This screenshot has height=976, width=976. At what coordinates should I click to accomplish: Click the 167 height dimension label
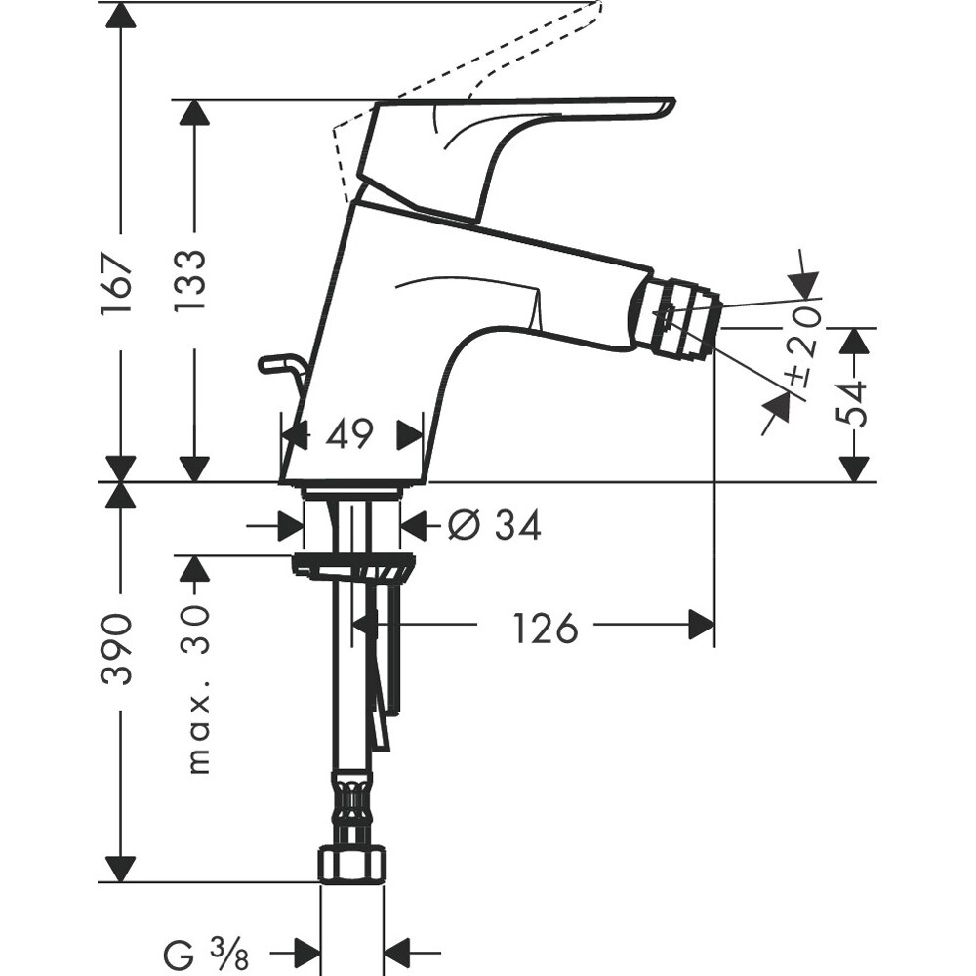pos(118,283)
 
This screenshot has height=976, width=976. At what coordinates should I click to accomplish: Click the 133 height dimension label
pos(192,280)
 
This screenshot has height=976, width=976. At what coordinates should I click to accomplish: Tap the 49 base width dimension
pos(349,435)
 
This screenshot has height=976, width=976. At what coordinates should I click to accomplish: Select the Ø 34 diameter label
pos(494,527)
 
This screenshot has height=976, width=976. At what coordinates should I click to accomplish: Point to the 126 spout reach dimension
pos(546,628)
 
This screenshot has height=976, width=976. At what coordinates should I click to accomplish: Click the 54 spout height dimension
pos(854,403)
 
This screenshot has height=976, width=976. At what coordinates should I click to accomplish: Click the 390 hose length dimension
pos(118,650)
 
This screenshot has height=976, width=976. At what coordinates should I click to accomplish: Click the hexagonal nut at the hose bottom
pos(352,864)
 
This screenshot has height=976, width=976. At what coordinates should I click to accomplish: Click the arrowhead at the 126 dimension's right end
pos(702,625)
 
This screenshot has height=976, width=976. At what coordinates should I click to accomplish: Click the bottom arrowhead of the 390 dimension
pos(119,868)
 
